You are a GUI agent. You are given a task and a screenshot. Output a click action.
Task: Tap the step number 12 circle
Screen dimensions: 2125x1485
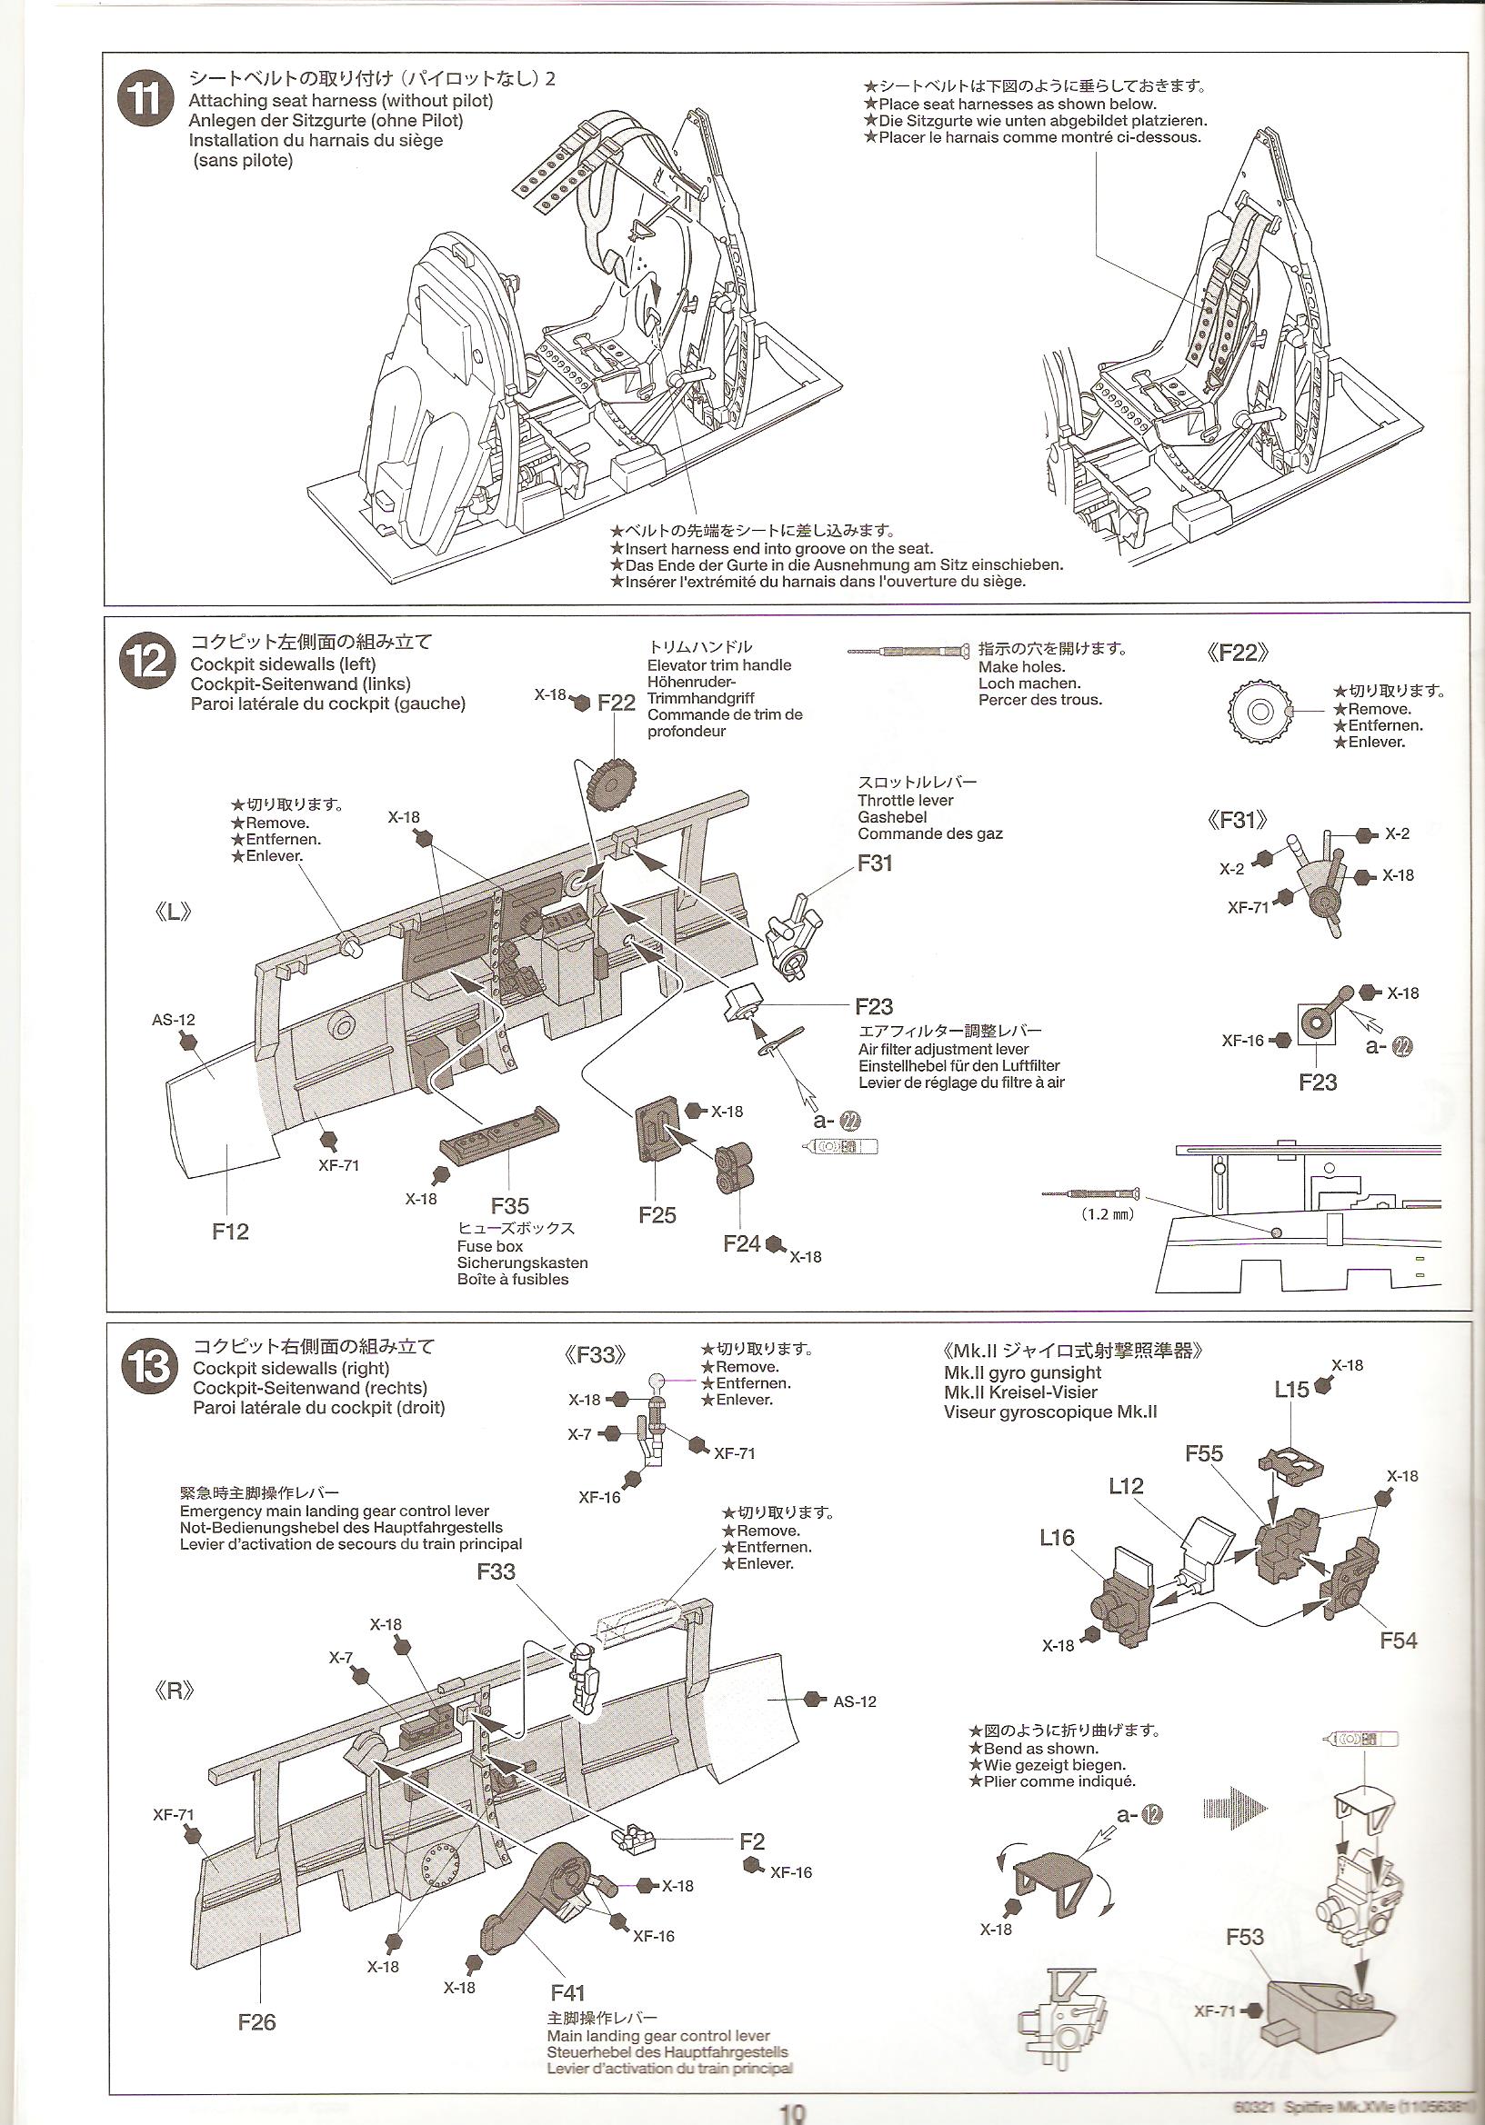coord(147,662)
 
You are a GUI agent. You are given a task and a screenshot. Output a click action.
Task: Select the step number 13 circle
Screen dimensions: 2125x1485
coord(149,1367)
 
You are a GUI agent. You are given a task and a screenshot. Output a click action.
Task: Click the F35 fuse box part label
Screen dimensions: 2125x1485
coord(510,1206)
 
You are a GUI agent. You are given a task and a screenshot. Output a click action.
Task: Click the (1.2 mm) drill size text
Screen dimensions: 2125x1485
coord(1108,1213)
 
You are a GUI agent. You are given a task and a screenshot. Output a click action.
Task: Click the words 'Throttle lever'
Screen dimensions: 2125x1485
coord(905,801)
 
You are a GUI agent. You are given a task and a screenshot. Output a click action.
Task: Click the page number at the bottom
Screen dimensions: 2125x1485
coord(792,2114)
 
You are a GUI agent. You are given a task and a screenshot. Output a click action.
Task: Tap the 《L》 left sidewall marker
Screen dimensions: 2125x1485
coord(172,912)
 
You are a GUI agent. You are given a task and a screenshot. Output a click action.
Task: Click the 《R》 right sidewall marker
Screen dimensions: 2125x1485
coord(173,1689)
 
